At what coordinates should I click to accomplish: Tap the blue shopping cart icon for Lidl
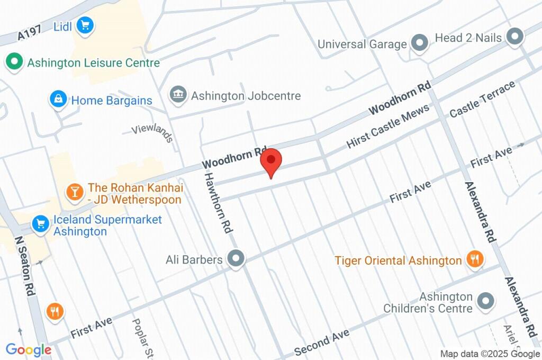[85, 25]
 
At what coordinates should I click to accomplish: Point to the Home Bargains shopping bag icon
[58, 99]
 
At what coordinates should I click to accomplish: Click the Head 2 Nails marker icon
[513, 37]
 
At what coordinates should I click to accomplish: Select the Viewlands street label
[152, 133]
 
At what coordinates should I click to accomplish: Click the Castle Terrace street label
[482, 100]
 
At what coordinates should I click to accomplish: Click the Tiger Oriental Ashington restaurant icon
[474, 259]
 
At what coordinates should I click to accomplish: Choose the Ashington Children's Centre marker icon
[485, 301]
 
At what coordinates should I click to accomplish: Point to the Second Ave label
[322, 342]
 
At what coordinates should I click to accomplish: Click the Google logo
[29, 349]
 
